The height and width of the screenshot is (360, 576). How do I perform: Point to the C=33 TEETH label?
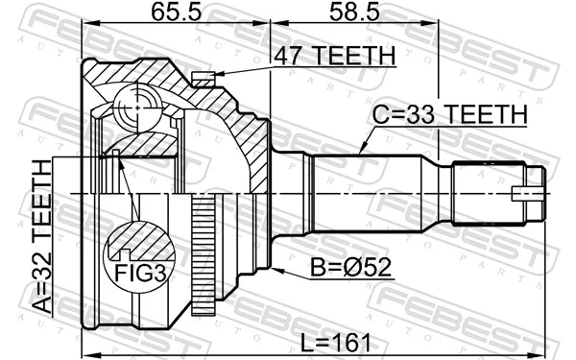[449, 115]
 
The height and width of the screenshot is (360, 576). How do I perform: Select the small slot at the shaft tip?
[529, 191]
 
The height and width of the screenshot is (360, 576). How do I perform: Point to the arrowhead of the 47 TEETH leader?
[217, 74]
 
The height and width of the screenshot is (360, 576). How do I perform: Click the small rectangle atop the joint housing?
[202, 77]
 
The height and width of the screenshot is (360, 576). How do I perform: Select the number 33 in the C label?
[416, 115]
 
